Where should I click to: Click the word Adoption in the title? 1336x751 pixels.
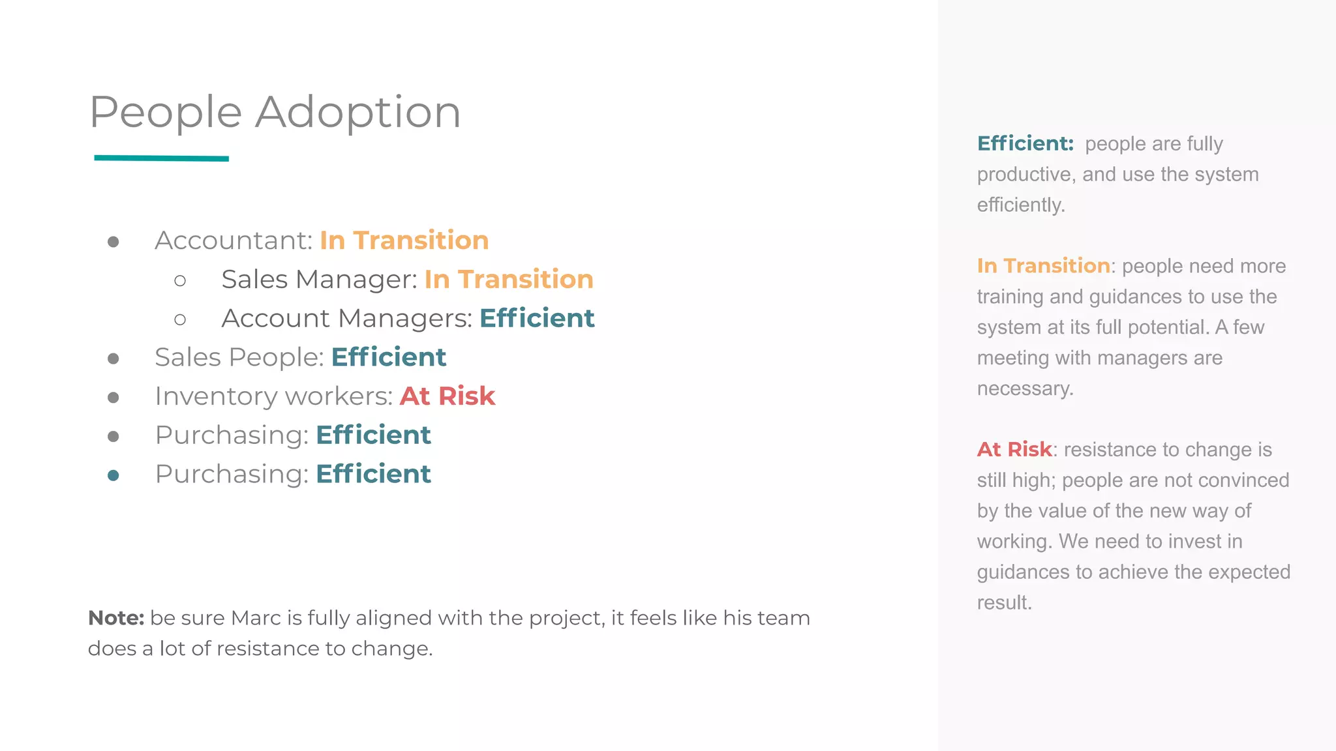(357, 112)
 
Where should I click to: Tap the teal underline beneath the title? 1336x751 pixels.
(161, 158)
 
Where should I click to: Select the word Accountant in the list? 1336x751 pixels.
(233, 241)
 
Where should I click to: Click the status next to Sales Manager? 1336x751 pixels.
(509, 280)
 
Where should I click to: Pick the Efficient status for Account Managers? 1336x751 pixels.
(537, 319)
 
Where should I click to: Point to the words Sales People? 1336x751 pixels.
(239, 357)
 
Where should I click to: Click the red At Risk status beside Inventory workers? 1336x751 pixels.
(448, 396)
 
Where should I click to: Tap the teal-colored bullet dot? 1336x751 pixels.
(114, 475)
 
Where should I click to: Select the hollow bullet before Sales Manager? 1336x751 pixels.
(180, 281)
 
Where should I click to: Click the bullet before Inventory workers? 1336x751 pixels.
(114, 398)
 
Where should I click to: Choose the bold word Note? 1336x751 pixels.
(115, 618)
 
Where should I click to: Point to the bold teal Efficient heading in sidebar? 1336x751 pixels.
(1025, 143)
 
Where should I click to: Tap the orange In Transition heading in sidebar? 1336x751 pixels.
(1043, 266)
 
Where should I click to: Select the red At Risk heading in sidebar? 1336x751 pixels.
(1014, 449)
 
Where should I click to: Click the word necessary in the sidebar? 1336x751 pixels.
(1024, 389)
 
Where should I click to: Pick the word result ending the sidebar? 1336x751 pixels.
(1004, 602)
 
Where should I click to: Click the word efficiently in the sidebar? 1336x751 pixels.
(1020, 205)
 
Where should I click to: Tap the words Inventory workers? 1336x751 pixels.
(273, 396)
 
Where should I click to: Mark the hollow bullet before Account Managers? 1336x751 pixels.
(180, 319)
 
